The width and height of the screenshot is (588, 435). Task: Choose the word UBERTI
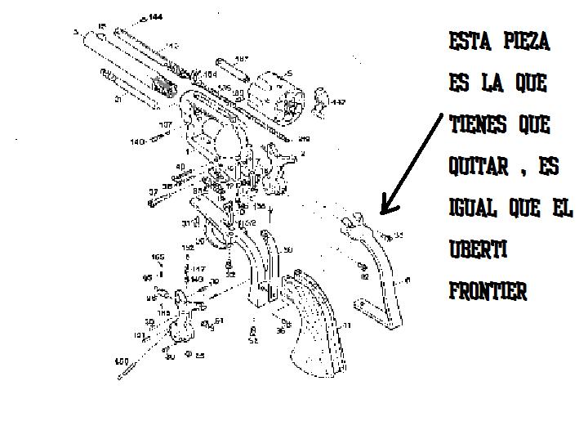point(478,249)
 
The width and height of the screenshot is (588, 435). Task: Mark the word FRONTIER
point(488,290)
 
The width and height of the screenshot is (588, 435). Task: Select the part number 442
point(338,102)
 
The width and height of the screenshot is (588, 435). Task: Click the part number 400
point(121,361)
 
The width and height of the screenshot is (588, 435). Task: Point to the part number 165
point(158,257)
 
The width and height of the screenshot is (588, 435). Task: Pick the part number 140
point(137,141)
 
